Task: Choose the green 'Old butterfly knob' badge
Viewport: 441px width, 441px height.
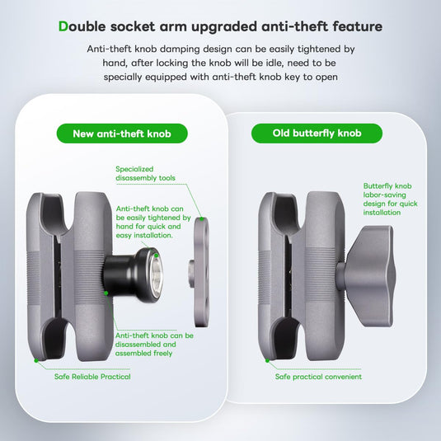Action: tap(317, 134)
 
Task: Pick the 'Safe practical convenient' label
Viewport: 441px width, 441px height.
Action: tap(318, 377)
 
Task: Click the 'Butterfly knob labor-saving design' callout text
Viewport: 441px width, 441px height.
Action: tap(390, 199)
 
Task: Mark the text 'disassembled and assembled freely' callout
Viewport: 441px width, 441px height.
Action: tap(154, 345)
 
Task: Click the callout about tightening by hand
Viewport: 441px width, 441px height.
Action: tap(154, 222)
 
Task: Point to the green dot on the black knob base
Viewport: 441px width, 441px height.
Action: tap(106, 292)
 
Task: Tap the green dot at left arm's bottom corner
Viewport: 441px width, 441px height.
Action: tap(35, 360)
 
